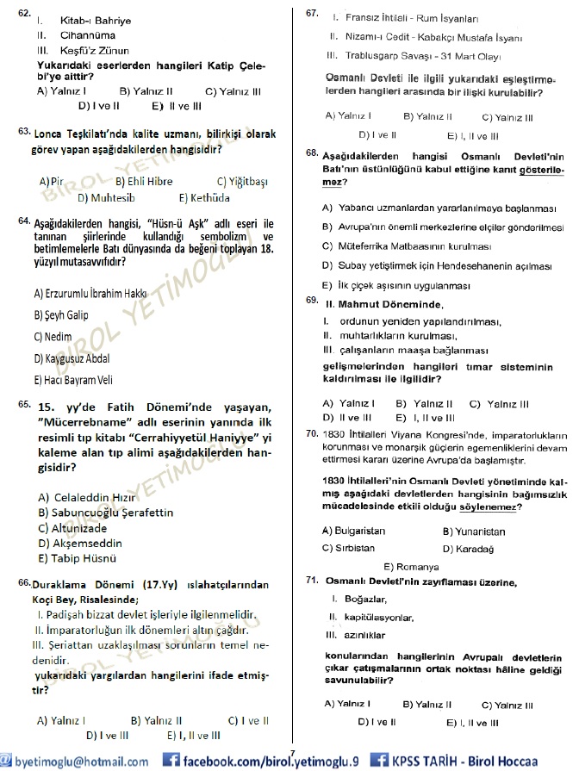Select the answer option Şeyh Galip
61,315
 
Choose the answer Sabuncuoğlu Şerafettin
100,512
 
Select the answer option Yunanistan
473,532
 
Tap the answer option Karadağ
468,548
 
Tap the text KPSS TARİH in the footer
431,762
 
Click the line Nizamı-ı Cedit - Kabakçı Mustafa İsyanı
429,37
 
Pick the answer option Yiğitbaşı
242,181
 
